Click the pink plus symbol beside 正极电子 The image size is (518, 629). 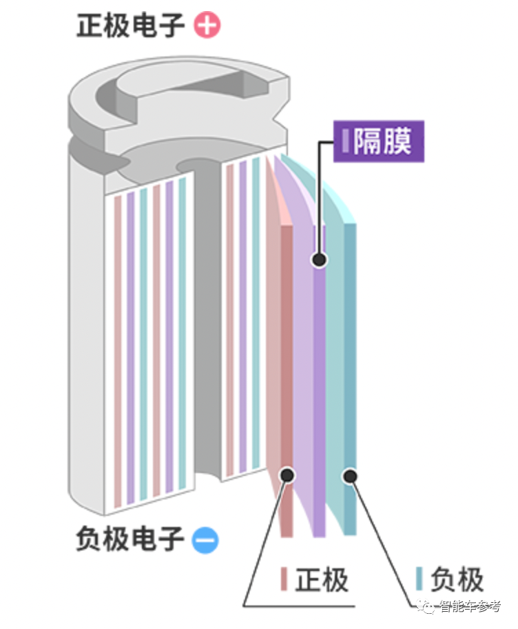click(207, 26)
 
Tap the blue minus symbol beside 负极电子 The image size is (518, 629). click(205, 539)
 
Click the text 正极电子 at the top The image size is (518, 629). click(131, 26)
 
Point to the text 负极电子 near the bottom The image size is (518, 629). click(129, 539)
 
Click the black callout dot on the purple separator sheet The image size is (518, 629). click(318, 260)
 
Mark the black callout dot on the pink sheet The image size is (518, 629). click(287, 475)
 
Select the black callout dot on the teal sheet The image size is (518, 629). click(351, 475)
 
